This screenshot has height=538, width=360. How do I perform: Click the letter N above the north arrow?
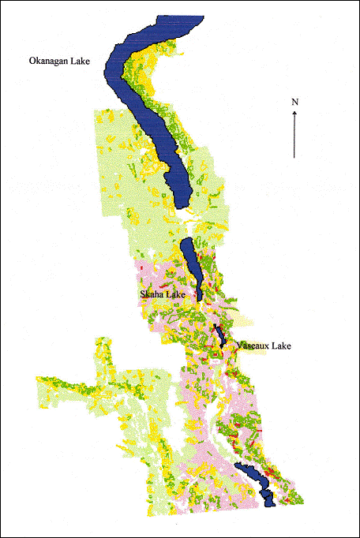pyautogui.click(x=294, y=102)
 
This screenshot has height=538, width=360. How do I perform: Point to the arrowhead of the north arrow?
pyautogui.click(x=294, y=112)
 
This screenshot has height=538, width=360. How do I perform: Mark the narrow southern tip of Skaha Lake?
pyautogui.click(x=201, y=298)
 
